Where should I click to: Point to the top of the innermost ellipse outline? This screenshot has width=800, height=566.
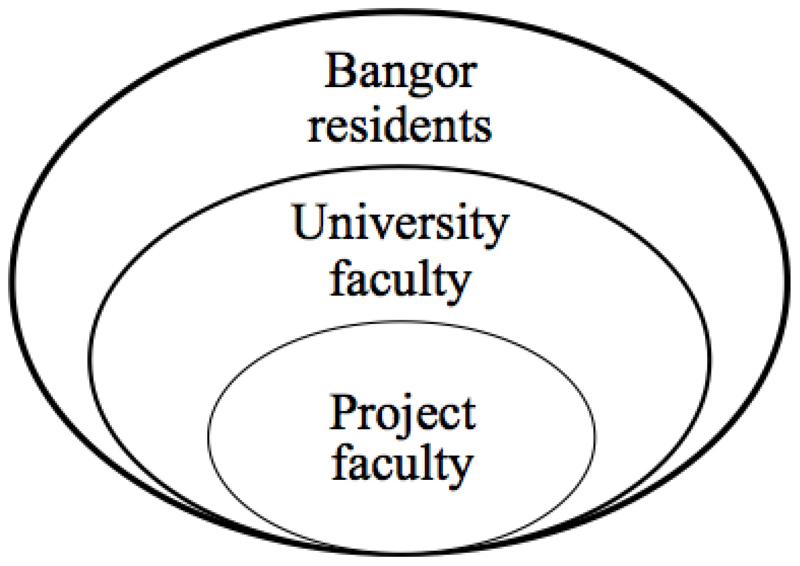[x=401, y=322]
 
